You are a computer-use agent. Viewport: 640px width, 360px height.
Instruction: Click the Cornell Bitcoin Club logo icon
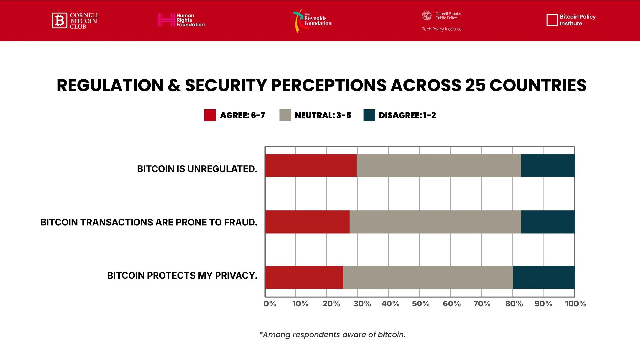pos(59,20)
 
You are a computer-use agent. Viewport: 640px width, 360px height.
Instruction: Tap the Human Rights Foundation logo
pos(181,20)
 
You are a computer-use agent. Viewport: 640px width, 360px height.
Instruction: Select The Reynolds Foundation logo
pos(312,20)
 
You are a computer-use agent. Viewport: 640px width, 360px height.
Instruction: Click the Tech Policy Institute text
pos(441,29)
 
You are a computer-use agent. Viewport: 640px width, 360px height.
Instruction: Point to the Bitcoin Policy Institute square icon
pos(552,20)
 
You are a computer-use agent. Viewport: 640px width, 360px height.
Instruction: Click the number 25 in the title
pos(475,85)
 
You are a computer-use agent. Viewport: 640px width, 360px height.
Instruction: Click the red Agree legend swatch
pos(210,115)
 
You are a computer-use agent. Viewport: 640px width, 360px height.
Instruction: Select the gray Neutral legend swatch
pos(285,115)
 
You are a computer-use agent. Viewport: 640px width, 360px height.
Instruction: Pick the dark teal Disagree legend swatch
pos(369,115)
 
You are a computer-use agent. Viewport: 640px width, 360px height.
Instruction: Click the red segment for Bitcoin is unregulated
pos(311,165)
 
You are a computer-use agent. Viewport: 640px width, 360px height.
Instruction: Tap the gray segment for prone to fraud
pos(435,222)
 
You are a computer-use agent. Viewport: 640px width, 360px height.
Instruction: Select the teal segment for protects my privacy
pos(543,277)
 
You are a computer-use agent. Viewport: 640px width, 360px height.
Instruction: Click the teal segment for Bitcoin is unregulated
pos(548,165)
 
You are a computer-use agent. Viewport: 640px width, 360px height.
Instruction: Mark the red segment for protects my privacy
pos(304,277)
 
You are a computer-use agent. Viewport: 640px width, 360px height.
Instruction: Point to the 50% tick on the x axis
pos(421,304)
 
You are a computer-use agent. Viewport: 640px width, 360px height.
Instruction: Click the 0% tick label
pos(270,304)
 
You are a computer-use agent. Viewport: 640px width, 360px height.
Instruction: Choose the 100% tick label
pos(575,304)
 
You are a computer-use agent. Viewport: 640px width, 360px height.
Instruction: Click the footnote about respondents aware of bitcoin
pos(332,335)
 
